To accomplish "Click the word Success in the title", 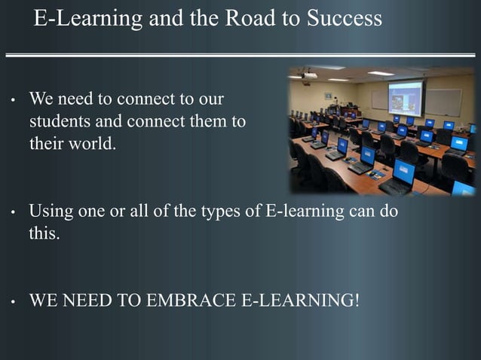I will pyautogui.click(x=344, y=19).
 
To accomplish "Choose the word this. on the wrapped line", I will pyautogui.click(x=43, y=233).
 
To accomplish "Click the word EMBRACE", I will pyautogui.click(x=191, y=301).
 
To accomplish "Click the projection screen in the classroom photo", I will pyautogui.click(x=405, y=97).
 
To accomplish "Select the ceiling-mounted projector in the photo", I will pyautogui.click(x=309, y=75).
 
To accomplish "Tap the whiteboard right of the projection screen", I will pyautogui.click(x=444, y=102).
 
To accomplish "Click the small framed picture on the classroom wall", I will pyautogui.click(x=328, y=96).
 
